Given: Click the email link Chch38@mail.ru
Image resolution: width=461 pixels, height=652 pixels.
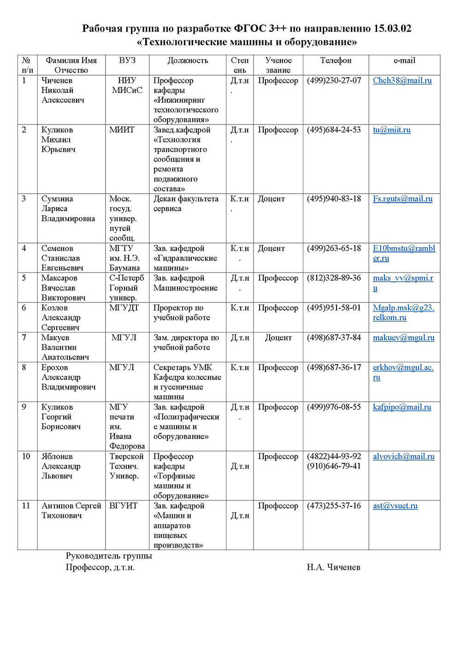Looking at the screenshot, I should [x=402, y=81].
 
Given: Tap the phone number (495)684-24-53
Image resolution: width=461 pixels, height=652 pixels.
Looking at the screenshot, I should [x=334, y=130].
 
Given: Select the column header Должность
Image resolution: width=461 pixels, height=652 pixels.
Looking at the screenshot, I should [x=188, y=60].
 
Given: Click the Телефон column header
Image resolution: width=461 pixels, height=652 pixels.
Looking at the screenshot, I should [x=336, y=60].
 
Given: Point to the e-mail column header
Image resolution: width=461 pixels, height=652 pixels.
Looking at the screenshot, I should [x=404, y=60].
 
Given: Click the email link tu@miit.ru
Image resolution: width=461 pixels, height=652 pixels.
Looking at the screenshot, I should [x=391, y=130].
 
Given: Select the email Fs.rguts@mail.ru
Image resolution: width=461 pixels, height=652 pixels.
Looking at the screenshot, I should [x=402, y=199].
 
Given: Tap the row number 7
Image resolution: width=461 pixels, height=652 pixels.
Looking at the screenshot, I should [x=24, y=338].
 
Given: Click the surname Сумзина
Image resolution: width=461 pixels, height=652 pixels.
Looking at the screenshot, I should [x=57, y=199].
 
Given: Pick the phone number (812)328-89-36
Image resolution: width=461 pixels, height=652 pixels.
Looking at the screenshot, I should [x=334, y=278].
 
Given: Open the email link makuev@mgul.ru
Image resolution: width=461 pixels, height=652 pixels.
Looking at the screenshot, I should [x=403, y=338].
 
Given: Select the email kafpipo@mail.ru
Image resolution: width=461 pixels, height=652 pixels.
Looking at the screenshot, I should [x=402, y=407].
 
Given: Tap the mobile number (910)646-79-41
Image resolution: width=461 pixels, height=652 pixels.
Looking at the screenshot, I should [x=334, y=466].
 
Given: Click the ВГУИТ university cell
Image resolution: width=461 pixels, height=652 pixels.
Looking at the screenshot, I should [x=123, y=506].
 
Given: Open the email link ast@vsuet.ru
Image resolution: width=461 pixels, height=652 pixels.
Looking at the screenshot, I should [x=395, y=506].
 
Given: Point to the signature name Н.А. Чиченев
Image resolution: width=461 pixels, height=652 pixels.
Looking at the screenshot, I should [x=333, y=567].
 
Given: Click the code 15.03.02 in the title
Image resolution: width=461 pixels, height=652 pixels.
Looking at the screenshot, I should [x=392, y=29].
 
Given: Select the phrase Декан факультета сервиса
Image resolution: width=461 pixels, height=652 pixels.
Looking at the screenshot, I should [x=186, y=204].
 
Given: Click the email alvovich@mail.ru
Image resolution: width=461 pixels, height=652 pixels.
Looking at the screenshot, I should [x=403, y=456].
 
